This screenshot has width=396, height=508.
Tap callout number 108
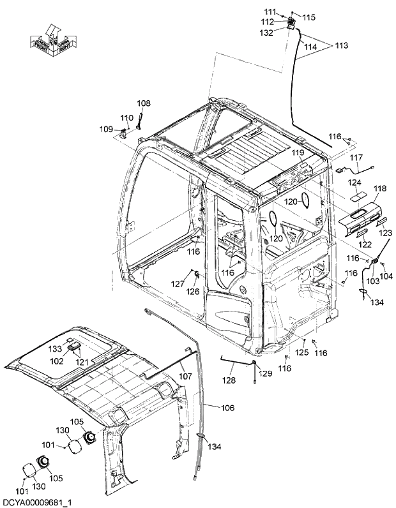pos(144,103)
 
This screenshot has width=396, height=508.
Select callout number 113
pos(342,46)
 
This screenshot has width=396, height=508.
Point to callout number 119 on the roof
pos(298,153)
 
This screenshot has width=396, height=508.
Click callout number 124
pos(354,182)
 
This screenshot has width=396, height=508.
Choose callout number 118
pos(380,189)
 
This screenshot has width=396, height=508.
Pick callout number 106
pos(227,408)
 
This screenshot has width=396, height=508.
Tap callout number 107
pos(185,377)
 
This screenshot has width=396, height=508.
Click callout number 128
pos(229,380)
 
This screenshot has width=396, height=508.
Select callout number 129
pos(264,373)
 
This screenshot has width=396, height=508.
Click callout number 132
pos(266,33)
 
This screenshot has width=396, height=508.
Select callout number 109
pos(105,129)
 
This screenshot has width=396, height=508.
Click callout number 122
pos(363,244)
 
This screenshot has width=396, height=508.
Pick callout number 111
pos(270,12)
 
